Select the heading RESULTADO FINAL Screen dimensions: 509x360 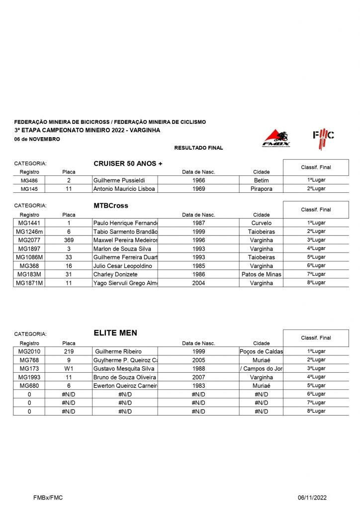pyautogui.click(x=198, y=148)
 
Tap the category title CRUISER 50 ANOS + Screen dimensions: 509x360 pyautogui.click(x=128, y=164)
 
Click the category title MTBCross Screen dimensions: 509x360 pyautogui.click(x=110, y=205)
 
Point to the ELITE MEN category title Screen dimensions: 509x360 pyautogui.click(x=115, y=333)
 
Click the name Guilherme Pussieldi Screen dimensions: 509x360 pyautogui.click(x=119, y=180)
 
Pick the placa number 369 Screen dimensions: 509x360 pyautogui.click(x=69, y=240)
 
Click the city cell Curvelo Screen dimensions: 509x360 pyautogui.click(x=261, y=223)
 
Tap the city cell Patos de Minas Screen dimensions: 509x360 pyautogui.click(x=261, y=274)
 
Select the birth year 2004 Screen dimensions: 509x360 pyautogui.click(x=198, y=283)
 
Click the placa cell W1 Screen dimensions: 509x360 pyautogui.click(x=69, y=369)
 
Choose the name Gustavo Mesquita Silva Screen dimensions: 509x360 pyautogui.click(x=124, y=369)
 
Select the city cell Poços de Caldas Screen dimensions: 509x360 pyautogui.click(x=261, y=352)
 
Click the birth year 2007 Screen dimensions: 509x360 pyautogui.click(x=198, y=377)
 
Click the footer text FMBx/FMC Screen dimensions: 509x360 pyautogui.click(x=48, y=497)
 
